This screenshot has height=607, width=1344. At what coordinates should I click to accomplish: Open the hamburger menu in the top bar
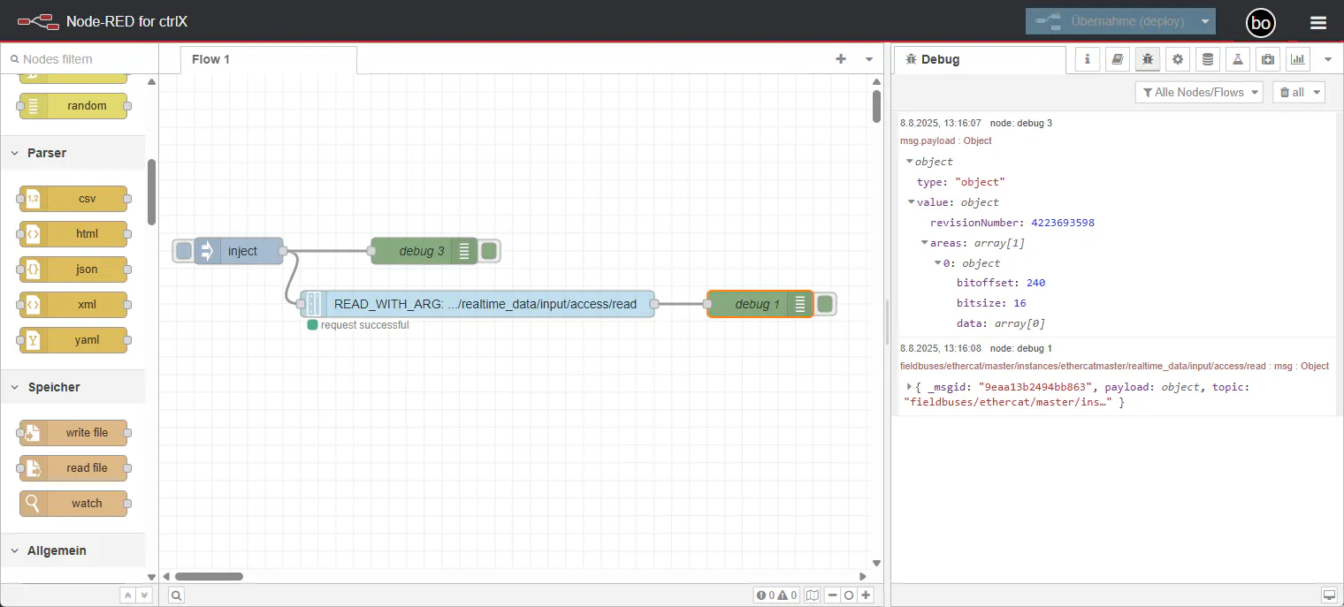tap(1318, 23)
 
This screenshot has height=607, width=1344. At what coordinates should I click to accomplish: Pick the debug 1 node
tap(760, 304)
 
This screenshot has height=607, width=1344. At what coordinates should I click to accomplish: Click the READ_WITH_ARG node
tap(477, 304)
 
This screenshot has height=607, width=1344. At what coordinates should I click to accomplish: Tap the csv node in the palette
tap(73, 199)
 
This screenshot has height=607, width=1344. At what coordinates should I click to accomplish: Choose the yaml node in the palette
tap(73, 340)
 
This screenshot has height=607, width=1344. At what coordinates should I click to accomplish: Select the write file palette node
tap(73, 433)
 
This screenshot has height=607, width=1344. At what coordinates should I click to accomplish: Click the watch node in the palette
tap(73, 504)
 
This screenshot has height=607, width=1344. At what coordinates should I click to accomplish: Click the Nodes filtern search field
tap(81, 59)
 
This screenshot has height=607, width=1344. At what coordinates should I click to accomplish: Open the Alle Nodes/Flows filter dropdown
tap(1199, 93)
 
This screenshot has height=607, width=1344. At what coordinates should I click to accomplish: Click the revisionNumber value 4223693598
tap(1063, 223)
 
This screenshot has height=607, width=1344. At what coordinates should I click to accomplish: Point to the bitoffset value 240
tap(1035, 283)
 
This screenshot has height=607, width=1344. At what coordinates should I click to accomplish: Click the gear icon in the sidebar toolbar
tap(1178, 59)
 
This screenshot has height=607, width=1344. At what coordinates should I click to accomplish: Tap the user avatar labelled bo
tap(1261, 23)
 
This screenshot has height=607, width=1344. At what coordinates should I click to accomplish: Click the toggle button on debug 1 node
tap(826, 304)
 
